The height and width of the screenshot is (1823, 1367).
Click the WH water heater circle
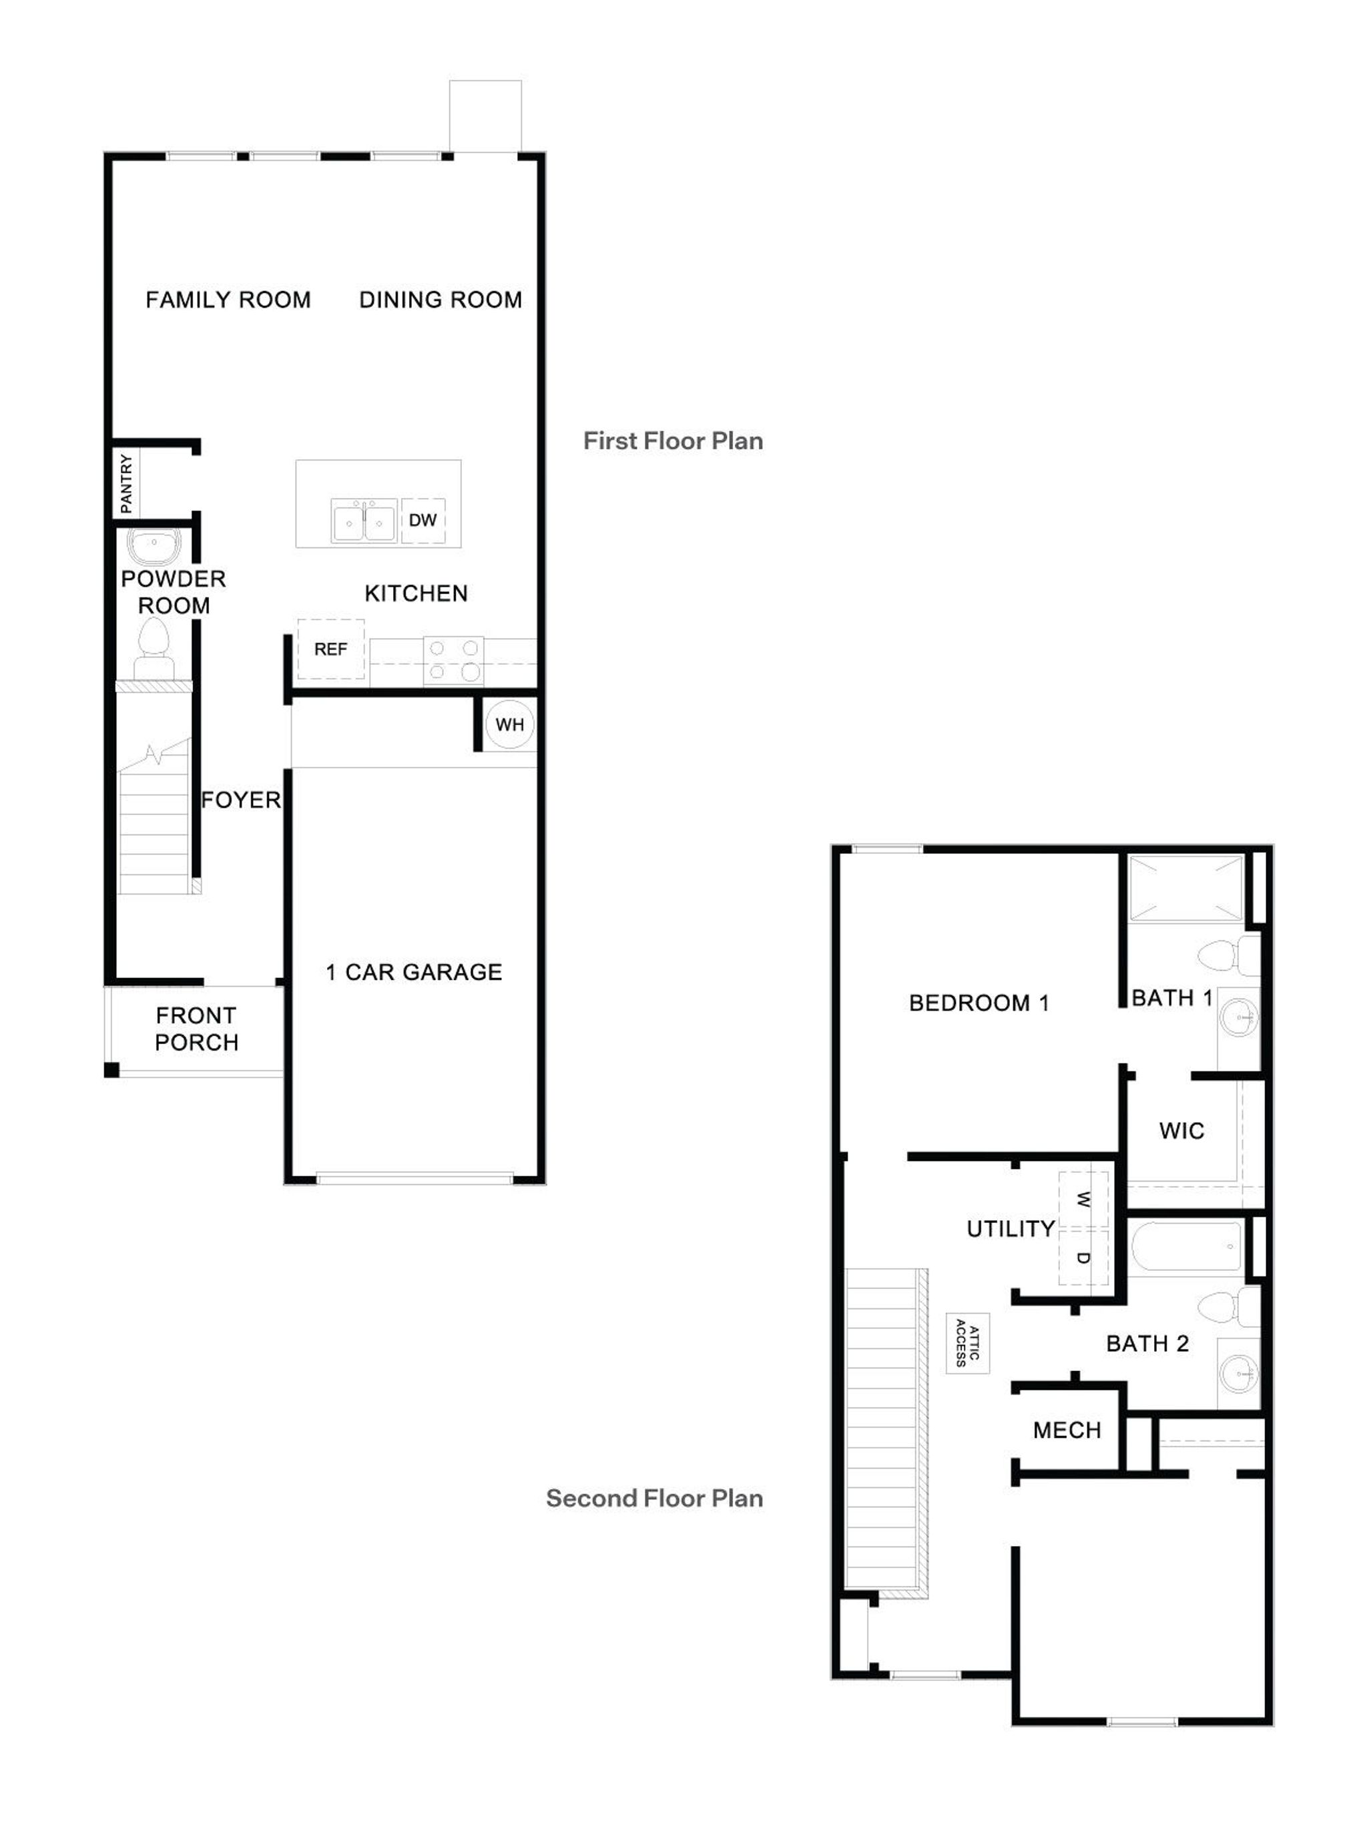509,724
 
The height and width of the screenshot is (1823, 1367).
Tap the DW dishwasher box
423,520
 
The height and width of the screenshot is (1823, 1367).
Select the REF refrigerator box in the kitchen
330,649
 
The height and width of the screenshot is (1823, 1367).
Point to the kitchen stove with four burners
453,660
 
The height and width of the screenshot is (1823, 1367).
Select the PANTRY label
126,483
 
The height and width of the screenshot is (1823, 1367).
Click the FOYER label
240,800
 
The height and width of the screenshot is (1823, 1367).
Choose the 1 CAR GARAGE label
414,972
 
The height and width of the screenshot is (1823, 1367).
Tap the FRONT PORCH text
196,1029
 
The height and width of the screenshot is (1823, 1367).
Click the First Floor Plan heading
672,441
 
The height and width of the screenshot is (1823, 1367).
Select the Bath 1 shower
1185,888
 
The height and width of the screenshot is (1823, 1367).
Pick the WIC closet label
1181,1130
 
